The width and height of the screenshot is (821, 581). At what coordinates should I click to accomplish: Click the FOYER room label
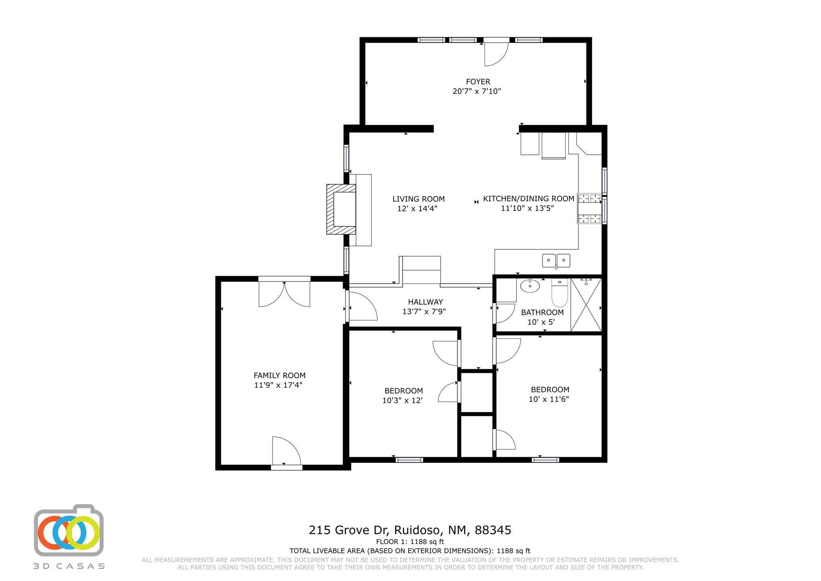[x=477, y=82]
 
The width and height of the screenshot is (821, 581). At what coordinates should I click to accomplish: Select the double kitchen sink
[x=556, y=261]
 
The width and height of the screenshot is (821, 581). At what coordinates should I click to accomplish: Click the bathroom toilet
[x=559, y=294]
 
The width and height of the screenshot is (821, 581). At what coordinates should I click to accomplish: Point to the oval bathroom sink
[x=530, y=286]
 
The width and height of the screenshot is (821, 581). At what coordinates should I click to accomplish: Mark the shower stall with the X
[x=586, y=305]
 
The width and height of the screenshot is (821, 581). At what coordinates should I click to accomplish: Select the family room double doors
[x=284, y=294]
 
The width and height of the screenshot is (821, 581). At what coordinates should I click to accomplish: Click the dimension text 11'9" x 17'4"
[x=278, y=385]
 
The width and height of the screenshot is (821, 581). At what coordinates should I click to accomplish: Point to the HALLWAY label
[x=425, y=302]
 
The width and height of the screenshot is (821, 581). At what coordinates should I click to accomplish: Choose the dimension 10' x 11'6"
[x=549, y=399]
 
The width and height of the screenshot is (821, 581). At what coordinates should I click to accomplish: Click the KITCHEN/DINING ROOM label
[x=528, y=198]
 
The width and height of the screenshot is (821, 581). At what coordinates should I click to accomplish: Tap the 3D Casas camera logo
[x=69, y=530]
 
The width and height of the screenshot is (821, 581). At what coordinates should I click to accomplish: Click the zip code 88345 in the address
[x=493, y=530]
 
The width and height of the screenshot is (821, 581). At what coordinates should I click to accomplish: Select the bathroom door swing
[x=505, y=313]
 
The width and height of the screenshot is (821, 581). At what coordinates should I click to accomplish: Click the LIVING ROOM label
[x=418, y=199]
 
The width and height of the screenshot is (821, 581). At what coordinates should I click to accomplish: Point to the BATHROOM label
[x=542, y=312]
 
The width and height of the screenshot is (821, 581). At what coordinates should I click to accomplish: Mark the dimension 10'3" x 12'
[x=402, y=400]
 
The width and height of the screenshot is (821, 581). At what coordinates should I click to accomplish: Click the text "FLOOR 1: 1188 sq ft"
[x=410, y=542]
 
